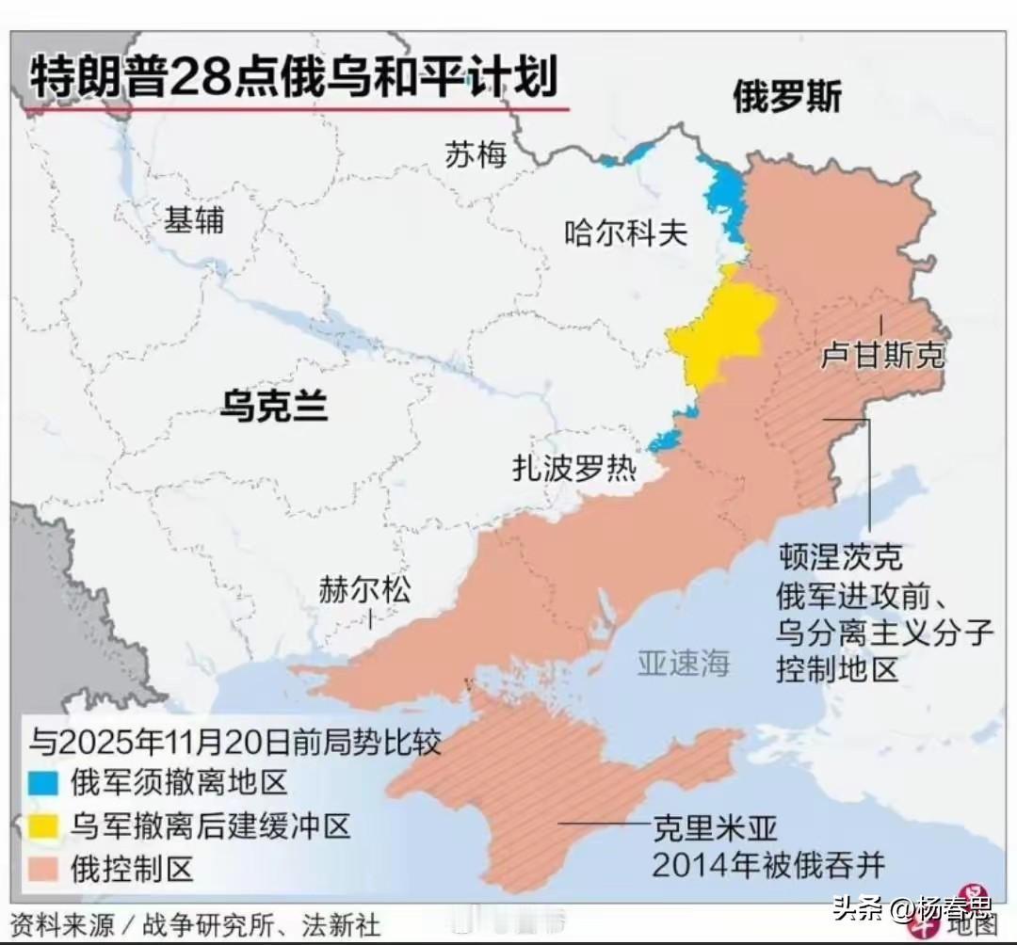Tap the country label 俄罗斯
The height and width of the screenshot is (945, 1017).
(786, 97)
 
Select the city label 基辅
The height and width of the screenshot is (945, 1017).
(194, 220)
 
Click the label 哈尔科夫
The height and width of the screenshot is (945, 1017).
(625, 232)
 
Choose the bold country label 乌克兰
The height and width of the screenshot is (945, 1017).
(273, 406)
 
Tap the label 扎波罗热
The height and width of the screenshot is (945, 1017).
(573, 468)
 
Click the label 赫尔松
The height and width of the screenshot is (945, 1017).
(364, 591)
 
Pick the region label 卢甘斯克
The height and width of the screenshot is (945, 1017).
(881, 356)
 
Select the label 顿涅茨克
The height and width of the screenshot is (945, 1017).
(840, 557)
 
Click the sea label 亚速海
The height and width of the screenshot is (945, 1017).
(684, 664)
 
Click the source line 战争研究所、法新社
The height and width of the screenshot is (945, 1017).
(261, 925)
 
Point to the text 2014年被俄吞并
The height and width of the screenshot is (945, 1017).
(768, 864)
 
